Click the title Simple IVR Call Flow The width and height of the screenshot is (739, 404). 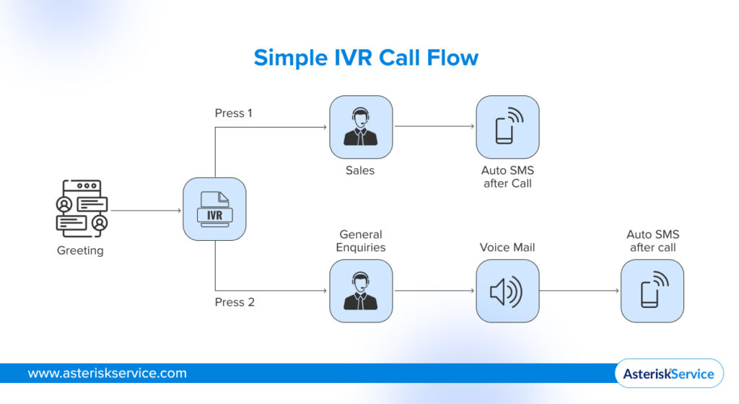pyautogui.click(x=366, y=57)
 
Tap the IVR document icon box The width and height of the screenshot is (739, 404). pyautogui.click(x=214, y=209)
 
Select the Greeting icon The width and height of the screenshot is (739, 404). pyautogui.click(x=82, y=209)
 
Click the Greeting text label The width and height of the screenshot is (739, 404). pyautogui.click(x=80, y=251)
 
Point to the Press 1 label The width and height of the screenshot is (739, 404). pyautogui.click(x=234, y=113)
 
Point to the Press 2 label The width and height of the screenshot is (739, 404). pyautogui.click(x=235, y=302)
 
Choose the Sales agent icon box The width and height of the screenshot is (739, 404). pyautogui.click(x=361, y=127)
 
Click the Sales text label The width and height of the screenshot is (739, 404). pyautogui.click(x=361, y=171)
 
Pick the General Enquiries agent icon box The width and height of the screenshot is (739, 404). pyautogui.click(x=361, y=291)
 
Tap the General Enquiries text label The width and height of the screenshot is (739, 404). pyautogui.click(x=361, y=241)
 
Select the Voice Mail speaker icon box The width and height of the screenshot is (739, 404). pyautogui.click(x=507, y=291)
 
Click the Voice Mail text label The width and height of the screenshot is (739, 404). pyautogui.click(x=507, y=247)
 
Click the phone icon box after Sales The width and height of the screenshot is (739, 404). pyautogui.click(x=507, y=127)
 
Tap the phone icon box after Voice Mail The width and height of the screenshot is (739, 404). pyautogui.click(x=652, y=291)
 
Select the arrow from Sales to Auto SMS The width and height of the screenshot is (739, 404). pyautogui.click(x=434, y=127)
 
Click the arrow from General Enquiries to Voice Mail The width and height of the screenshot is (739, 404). pyautogui.click(x=434, y=291)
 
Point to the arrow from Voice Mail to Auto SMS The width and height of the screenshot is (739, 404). pyautogui.click(x=580, y=291)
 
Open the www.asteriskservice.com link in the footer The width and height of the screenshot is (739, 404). pyautogui.click(x=107, y=374)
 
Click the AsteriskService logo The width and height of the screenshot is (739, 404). pyautogui.click(x=668, y=374)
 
